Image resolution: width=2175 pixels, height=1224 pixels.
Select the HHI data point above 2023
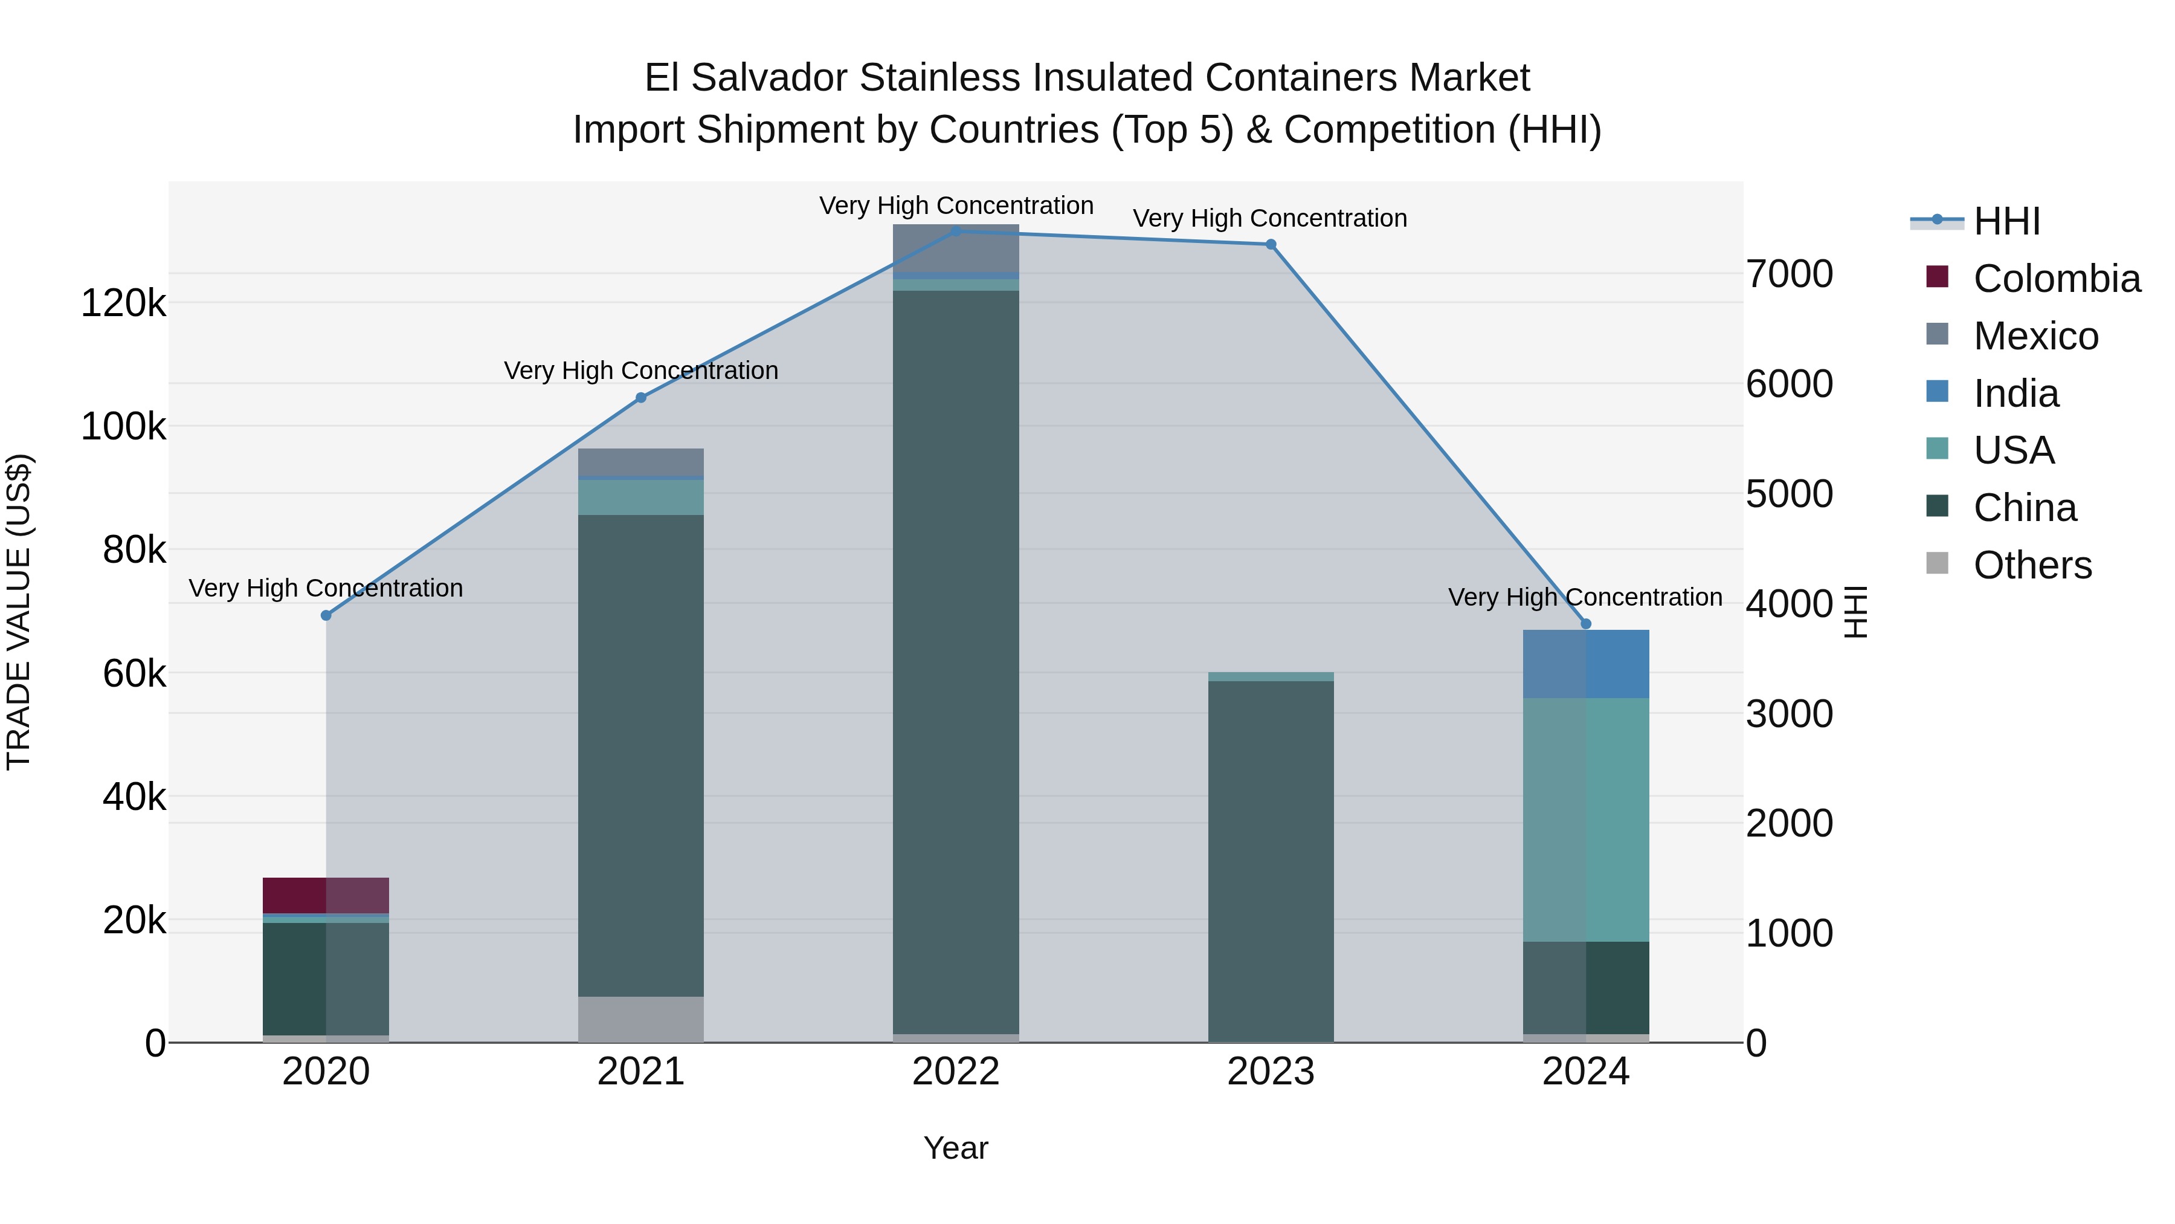pyautogui.click(x=1271, y=244)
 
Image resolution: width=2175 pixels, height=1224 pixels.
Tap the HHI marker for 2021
pyautogui.click(x=641, y=397)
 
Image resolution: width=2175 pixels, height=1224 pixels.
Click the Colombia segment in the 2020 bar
pyautogui.click(x=326, y=895)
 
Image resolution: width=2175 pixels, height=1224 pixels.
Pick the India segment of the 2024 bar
pyautogui.click(x=1586, y=664)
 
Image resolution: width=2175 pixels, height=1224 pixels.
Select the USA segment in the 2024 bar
pyautogui.click(x=1586, y=820)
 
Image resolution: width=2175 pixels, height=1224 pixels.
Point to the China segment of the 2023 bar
pyautogui.click(x=1271, y=861)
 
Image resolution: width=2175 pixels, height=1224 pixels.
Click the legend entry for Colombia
pyautogui.click(x=2057, y=279)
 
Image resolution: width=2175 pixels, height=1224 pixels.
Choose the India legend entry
pyautogui.click(x=2016, y=393)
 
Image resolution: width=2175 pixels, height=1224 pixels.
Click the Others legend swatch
pyautogui.click(x=1938, y=563)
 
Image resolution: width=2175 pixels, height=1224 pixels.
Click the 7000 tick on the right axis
pyautogui.click(x=1789, y=274)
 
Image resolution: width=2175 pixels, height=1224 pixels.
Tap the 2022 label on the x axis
pyautogui.click(x=956, y=1072)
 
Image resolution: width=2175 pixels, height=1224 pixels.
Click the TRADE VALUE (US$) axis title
pyautogui.click(x=19, y=612)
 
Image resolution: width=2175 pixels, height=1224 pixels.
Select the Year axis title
pyautogui.click(x=956, y=1148)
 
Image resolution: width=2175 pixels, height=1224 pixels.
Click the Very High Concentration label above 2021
pyautogui.click(x=641, y=371)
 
